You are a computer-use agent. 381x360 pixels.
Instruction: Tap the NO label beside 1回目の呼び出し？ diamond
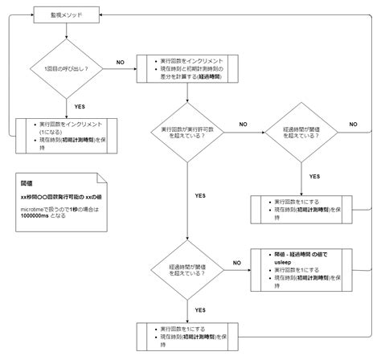click(121, 62)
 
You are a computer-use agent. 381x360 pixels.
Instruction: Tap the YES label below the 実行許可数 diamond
click(200, 194)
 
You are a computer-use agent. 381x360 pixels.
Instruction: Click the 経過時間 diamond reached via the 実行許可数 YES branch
click(186, 268)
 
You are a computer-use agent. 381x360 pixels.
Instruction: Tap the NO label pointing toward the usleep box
click(236, 263)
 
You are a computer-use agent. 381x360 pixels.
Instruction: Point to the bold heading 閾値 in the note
click(27, 182)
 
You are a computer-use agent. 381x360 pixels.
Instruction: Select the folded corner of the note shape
click(100, 178)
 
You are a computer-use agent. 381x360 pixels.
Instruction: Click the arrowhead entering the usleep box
click(249, 268)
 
